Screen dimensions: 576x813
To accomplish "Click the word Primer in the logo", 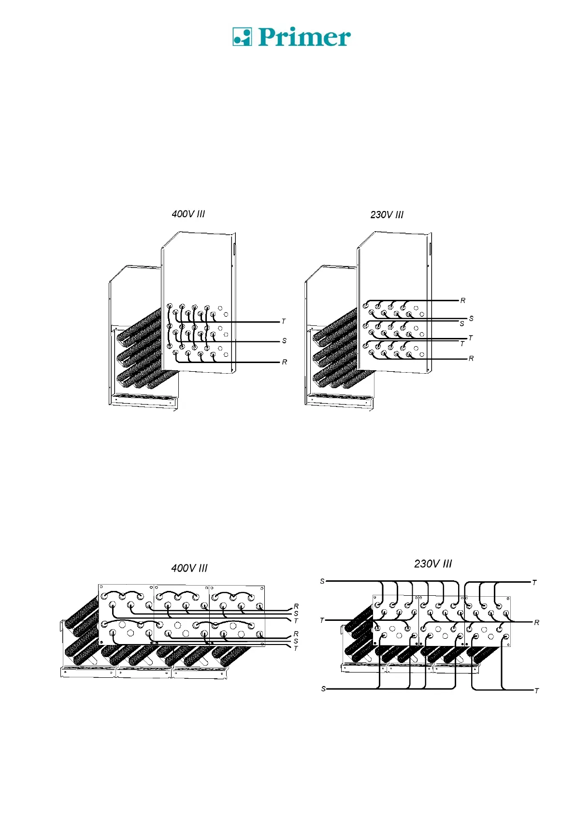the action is [304, 37].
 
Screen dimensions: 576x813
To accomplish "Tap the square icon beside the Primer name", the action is [242, 37].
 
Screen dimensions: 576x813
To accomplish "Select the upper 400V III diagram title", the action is [188, 214].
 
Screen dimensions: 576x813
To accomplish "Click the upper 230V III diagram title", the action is [387, 215].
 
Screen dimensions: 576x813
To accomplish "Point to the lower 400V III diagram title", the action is [189, 568].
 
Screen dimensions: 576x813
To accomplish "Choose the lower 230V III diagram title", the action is [433, 564].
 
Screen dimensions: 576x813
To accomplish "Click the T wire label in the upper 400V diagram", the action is [284, 321].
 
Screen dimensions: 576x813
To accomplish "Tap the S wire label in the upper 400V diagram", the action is [284, 341].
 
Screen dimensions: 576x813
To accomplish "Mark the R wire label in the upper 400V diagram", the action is [284, 362].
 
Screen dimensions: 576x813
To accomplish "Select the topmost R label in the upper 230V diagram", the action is [463, 301].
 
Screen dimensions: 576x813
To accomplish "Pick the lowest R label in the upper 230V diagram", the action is [471, 359].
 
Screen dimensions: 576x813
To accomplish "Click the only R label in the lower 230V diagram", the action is [536, 623].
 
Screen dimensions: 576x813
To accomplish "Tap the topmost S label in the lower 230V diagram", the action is [322, 581].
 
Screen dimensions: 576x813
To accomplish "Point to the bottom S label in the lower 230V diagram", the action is [323, 688].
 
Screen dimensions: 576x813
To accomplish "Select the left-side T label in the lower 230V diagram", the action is [322, 620].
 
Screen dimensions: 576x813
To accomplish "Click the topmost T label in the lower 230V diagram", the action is [534, 583].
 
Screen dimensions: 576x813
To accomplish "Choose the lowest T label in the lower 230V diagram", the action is [536, 691].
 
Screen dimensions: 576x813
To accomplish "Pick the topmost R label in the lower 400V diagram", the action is [296, 606].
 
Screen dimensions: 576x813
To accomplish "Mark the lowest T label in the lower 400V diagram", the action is [296, 648].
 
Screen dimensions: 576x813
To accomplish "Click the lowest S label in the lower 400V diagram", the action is [296, 641].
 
